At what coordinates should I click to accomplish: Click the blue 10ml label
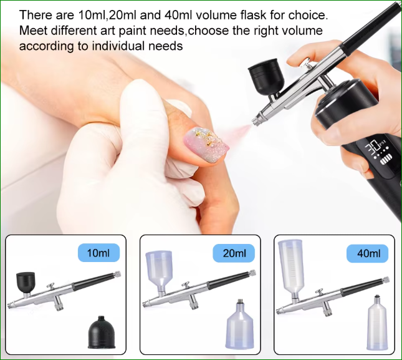(98, 253)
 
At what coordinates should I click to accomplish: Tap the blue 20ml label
(234, 253)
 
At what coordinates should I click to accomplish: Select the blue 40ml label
(367, 253)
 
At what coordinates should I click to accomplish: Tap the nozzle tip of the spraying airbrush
(254, 122)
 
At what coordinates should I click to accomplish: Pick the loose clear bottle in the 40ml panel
(377, 323)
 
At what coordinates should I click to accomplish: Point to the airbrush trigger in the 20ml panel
(186, 285)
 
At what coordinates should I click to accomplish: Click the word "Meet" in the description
(33, 31)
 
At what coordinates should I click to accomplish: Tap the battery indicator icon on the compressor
(385, 162)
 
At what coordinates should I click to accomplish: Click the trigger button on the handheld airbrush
(307, 62)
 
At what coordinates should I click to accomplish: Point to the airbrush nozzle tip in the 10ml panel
(10, 306)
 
